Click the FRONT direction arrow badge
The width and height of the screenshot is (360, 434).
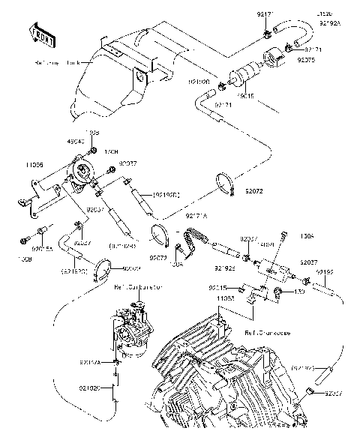coord(43,34)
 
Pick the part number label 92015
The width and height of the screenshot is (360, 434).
coord(218,287)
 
